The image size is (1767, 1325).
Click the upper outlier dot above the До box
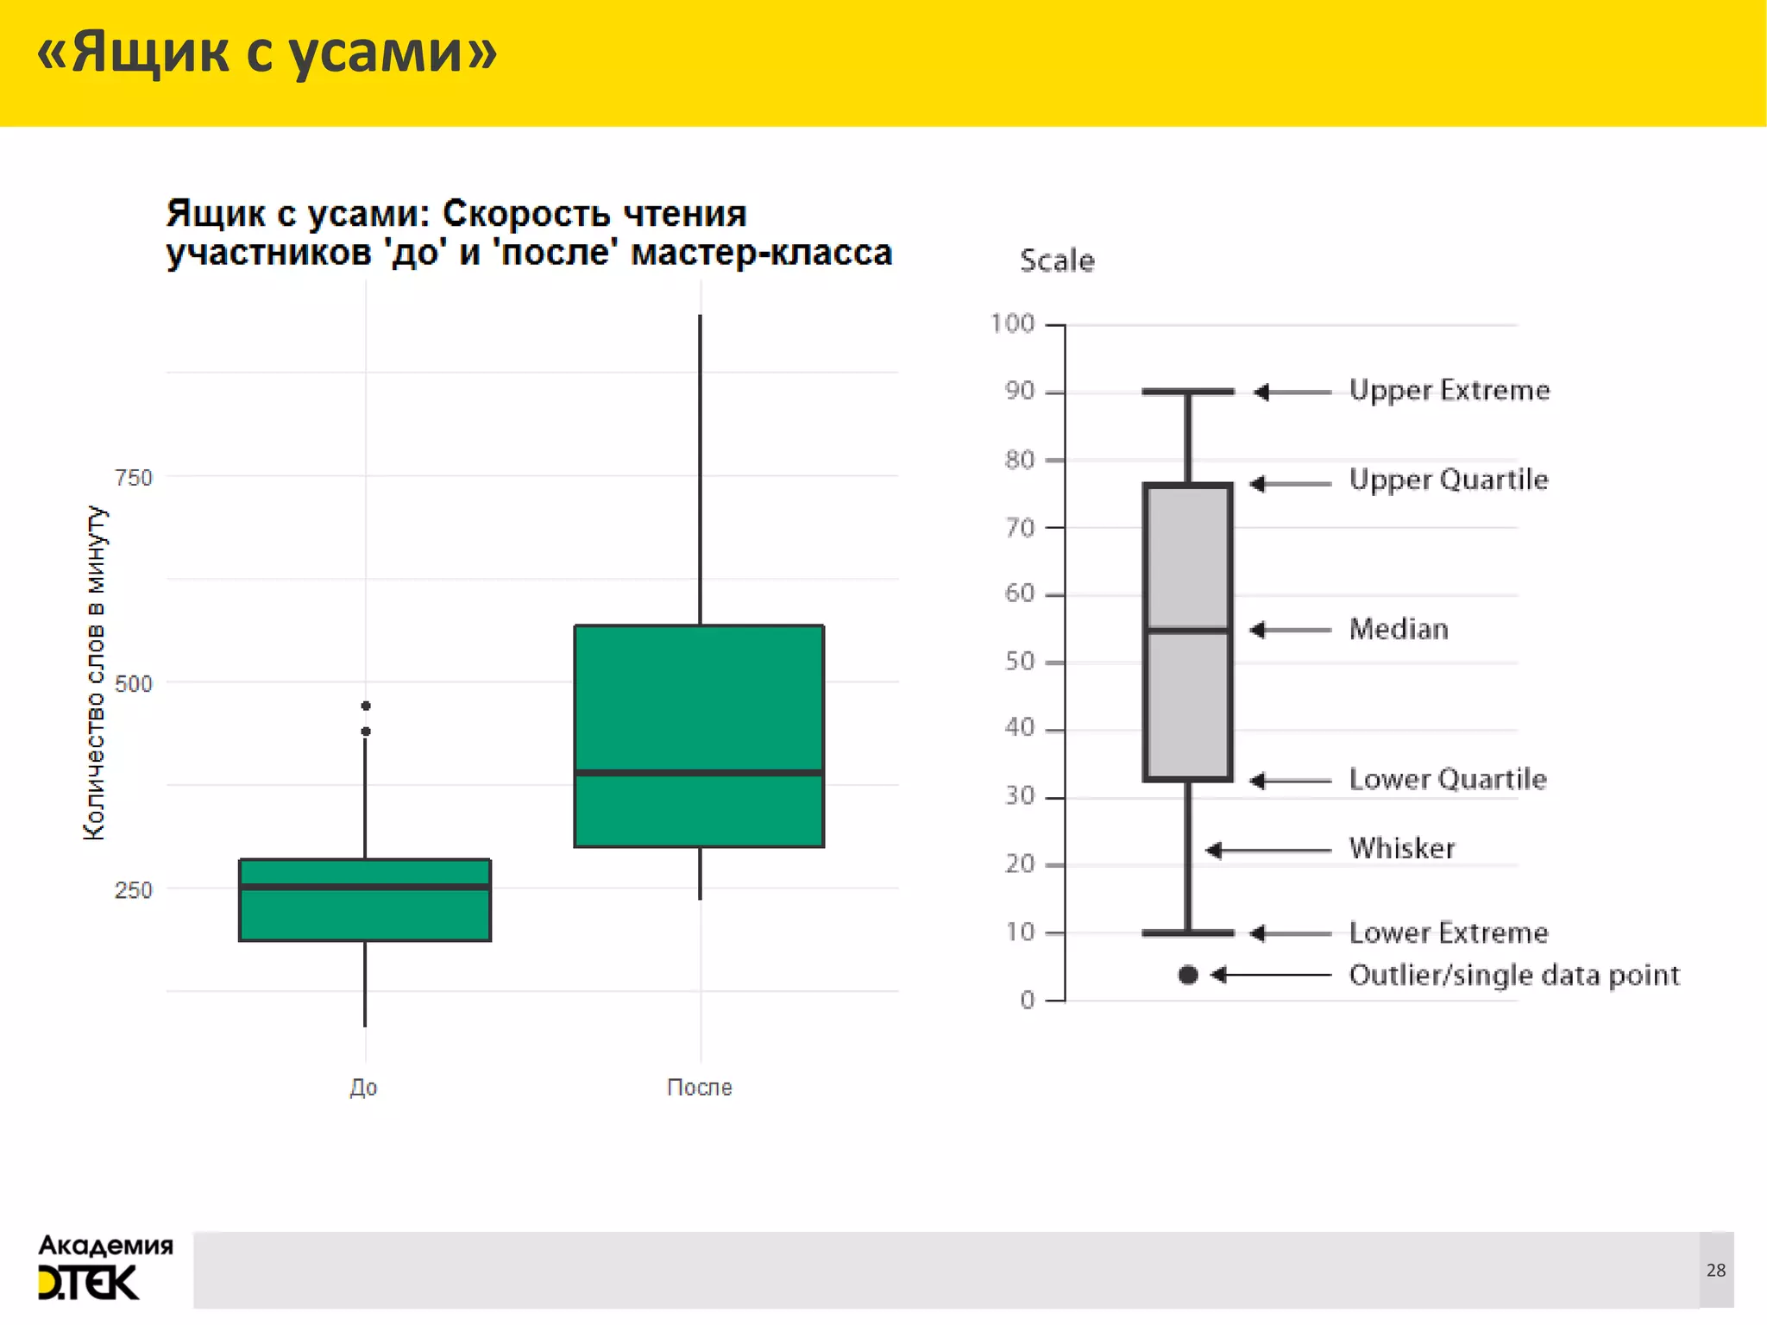coord(366,706)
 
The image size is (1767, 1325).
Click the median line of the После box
coord(699,773)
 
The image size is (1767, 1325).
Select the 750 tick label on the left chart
coord(133,478)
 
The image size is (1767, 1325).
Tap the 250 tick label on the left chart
coord(133,890)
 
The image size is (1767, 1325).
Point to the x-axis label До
coord(363,1087)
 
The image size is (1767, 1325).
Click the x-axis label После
coord(699,1087)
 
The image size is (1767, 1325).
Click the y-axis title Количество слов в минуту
coord(95,673)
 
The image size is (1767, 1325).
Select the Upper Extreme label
coord(1449,391)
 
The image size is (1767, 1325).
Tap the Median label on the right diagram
coord(1399,630)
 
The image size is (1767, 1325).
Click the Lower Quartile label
coord(1448,780)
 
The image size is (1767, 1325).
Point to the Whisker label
coord(1402,849)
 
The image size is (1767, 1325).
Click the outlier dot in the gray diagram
coord(1188,975)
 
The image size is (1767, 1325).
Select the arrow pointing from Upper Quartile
coord(1290,483)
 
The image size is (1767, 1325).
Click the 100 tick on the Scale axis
coord(1012,324)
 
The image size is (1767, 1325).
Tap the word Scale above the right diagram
coord(1057,261)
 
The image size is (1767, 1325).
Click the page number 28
coord(1716,1270)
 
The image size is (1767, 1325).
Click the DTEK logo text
coord(88,1284)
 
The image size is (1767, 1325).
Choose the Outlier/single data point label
coord(1514,976)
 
